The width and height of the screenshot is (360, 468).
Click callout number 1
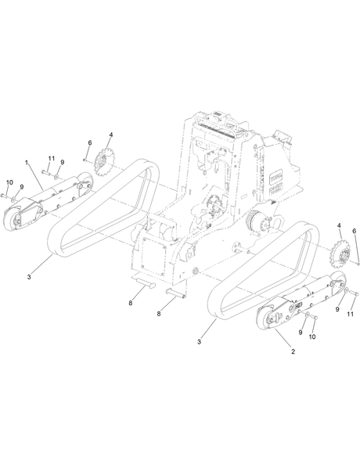coord(27,163)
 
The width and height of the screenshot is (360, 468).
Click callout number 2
coord(293,351)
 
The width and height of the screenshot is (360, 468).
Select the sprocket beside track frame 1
coord(103,162)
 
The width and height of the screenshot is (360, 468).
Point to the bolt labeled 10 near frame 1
coord(4,196)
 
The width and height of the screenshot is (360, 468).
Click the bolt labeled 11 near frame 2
coord(354,293)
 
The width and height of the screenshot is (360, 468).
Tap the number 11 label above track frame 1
coord(52,158)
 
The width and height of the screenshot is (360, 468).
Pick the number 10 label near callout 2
coord(312,337)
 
